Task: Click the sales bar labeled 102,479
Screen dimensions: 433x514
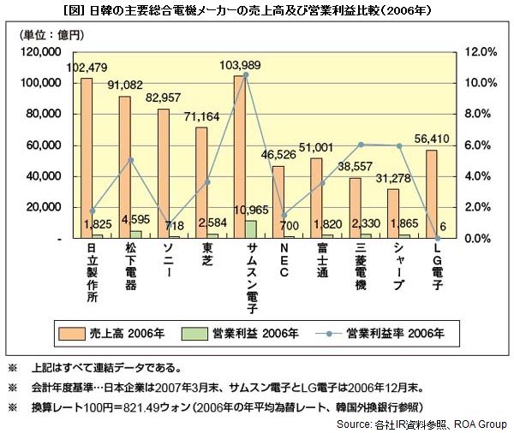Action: coord(86,158)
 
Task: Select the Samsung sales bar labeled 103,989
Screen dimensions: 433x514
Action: coord(239,158)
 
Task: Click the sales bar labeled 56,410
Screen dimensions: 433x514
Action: coord(432,194)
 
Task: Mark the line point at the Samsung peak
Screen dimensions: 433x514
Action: coord(245,75)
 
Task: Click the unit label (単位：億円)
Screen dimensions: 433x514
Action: coord(50,35)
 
